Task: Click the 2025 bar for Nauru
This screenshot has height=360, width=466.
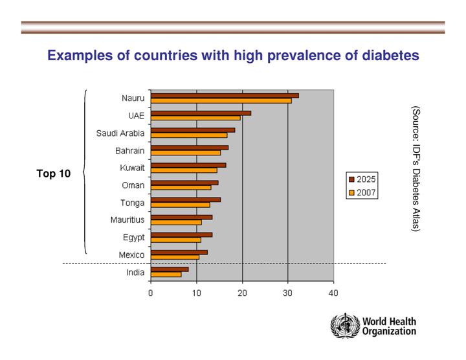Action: tap(225, 95)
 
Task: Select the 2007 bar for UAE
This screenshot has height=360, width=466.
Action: tap(195, 118)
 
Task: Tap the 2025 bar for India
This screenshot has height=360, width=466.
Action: tap(170, 269)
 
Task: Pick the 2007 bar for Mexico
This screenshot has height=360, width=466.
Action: tap(175, 257)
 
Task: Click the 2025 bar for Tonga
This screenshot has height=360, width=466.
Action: tap(186, 199)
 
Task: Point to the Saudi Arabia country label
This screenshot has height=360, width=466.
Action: tap(120, 133)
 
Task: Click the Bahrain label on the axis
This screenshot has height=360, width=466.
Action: tap(130, 151)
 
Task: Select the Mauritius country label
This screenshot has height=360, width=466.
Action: tap(128, 220)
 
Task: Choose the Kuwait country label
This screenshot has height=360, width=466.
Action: tap(133, 168)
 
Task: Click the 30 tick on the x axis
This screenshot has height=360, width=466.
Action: tap(288, 293)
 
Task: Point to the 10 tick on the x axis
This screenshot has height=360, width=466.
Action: tap(196, 293)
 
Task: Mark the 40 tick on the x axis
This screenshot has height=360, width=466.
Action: tap(333, 293)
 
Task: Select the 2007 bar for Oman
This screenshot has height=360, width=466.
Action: tap(181, 188)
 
